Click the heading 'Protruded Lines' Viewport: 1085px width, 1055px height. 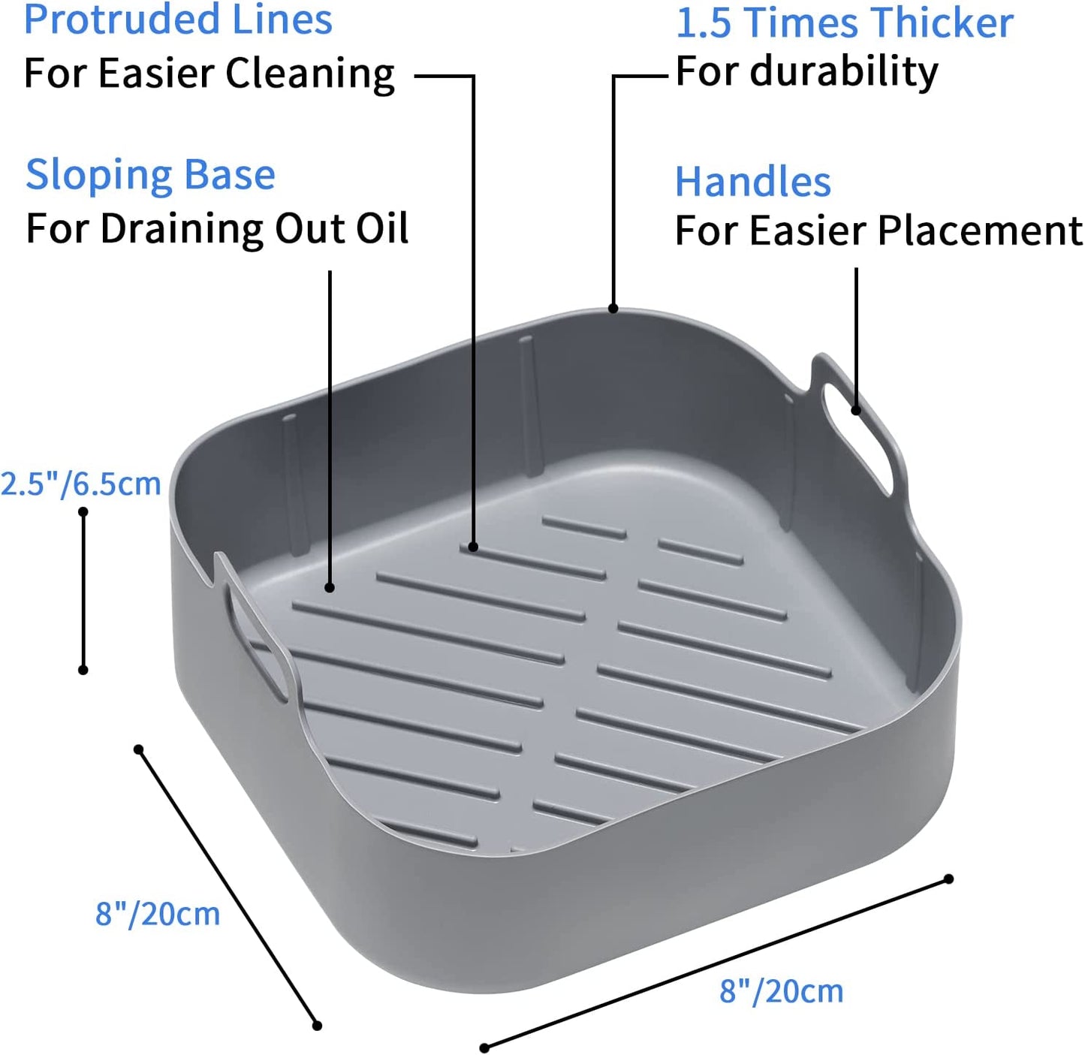(179, 20)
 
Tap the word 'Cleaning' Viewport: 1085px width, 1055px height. (310, 75)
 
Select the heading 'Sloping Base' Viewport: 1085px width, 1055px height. (150, 176)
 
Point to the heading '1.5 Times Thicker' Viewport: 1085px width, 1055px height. (845, 23)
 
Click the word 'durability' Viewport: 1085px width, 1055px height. (844, 73)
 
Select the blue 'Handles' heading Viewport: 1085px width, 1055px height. (752, 182)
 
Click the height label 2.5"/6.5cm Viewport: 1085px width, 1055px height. (81, 484)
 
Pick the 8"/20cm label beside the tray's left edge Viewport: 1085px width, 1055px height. (158, 867)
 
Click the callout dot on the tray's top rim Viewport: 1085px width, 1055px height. (613, 308)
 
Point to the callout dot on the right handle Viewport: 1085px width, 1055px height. (856, 411)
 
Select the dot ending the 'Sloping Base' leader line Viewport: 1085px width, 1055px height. (330, 587)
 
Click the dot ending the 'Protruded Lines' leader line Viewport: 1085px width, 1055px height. (473, 547)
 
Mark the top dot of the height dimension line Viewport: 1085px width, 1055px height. (83, 512)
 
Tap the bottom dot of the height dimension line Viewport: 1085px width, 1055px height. (83, 670)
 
